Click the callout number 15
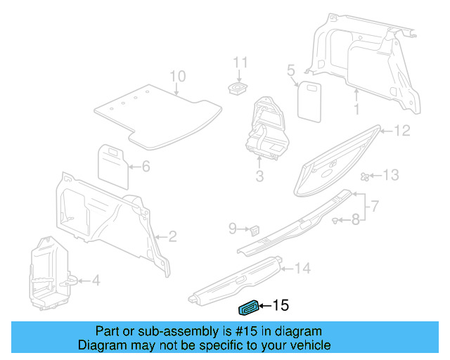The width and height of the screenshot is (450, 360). click(x=281, y=305)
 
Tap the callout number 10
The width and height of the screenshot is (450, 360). click(x=177, y=76)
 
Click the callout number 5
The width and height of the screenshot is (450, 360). click(x=290, y=70)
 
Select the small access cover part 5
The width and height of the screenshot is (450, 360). click(x=308, y=98)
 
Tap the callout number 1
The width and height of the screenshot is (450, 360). click(x=356, y=110)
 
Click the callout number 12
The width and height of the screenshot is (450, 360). click(x=401, y=130)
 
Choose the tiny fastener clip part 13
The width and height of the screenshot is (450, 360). click(x=364, y=176)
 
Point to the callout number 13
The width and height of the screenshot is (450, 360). click(x=390, y=175)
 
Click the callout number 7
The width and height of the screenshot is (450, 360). click(x=375, y=206)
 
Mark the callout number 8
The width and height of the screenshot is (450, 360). click(x=356, y=220)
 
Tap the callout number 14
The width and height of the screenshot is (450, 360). click(x=302, y=268)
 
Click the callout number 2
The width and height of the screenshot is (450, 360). click(x=172, y=236)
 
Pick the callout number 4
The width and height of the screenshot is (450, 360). click(x=96, y=281)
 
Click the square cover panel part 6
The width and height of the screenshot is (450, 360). click(x=111, y=160)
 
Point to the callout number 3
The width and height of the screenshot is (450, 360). click(x=259, y=176)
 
